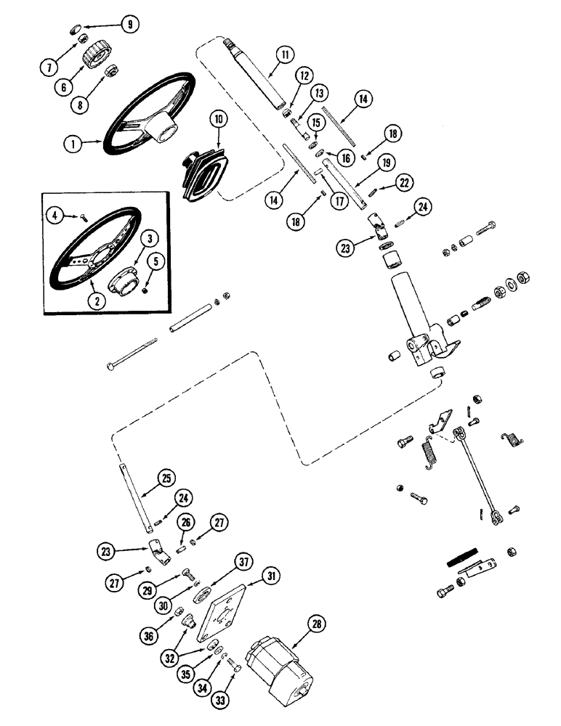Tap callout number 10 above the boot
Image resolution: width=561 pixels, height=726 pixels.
216,118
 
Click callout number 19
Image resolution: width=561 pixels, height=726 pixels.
384,163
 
